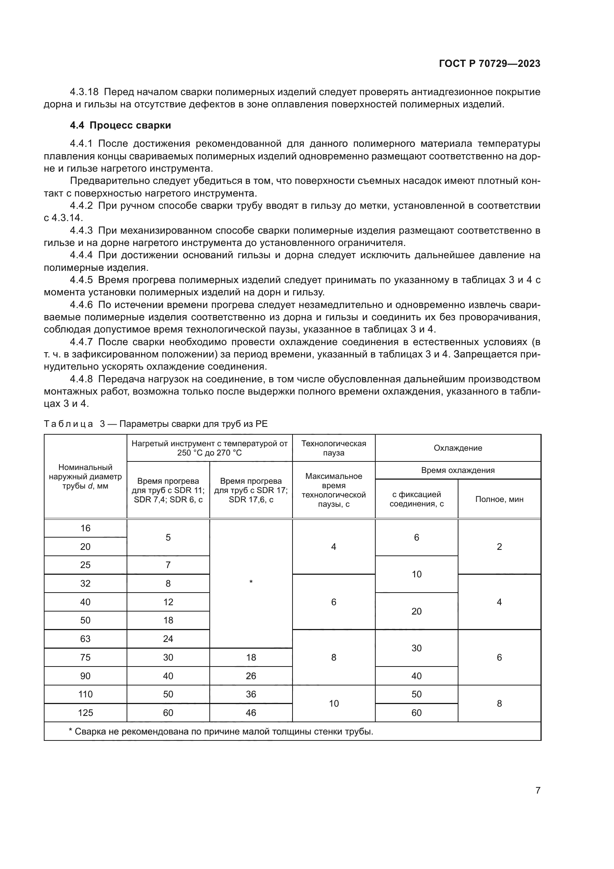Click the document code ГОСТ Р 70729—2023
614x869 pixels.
point(489,64)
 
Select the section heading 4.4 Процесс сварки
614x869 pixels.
point(120,125)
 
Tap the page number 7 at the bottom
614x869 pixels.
point(538,790)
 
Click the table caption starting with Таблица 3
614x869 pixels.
point(156,424)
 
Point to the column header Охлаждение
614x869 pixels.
point(457,448)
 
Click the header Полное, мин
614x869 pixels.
point(499,499)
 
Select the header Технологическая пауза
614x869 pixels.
point(333,448)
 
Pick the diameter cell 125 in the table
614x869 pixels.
point(85,713)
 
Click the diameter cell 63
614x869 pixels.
point(85,639)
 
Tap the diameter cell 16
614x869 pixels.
point(85,528)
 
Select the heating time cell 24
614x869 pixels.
point(168,639)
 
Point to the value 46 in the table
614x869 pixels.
point(251,713)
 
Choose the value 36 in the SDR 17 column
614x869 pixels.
point(251,694)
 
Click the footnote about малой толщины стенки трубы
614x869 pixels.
point(221,731)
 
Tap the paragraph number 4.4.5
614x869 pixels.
point(81,280)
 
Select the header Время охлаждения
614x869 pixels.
point(457,470)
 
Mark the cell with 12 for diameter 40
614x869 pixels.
point(168,602)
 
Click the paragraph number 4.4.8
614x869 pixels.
point(81,379)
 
